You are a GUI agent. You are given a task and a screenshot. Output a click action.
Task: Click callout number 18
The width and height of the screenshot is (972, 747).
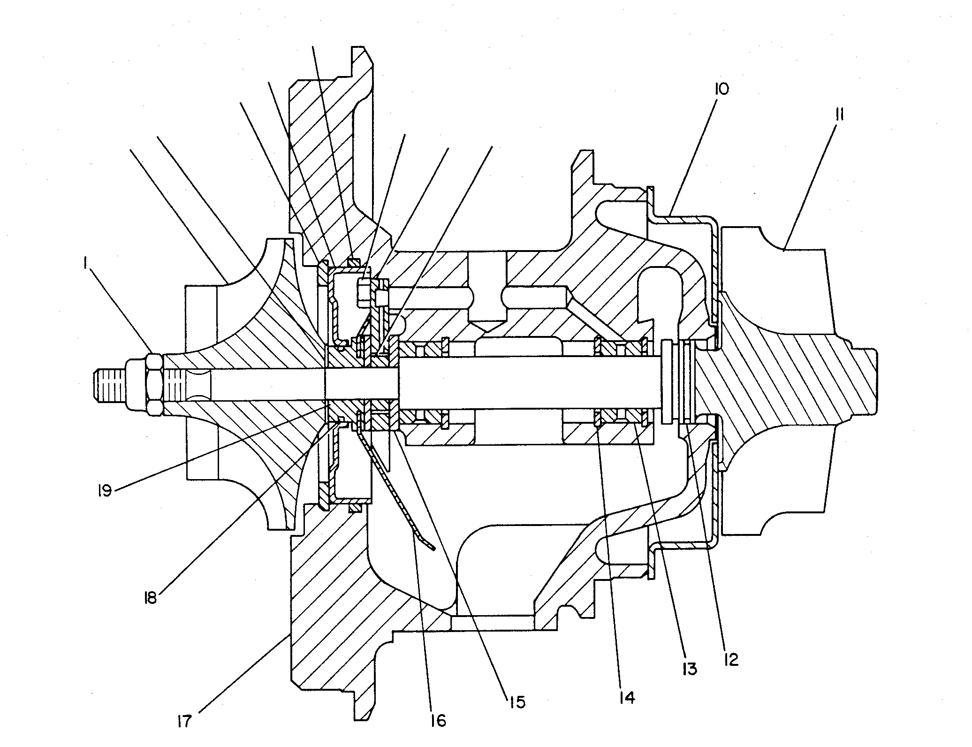150,599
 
